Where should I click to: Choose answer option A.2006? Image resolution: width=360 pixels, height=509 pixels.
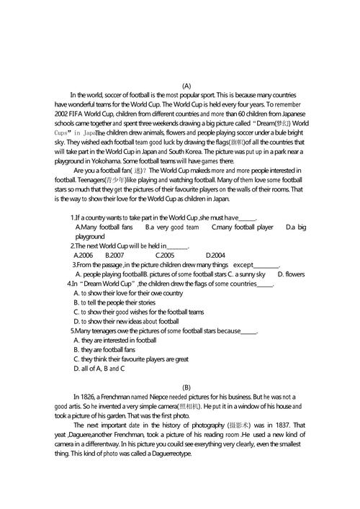point(84,255)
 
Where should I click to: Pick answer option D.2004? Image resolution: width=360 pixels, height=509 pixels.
point(216,255)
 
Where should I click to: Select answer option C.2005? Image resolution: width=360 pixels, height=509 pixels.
point(165,255)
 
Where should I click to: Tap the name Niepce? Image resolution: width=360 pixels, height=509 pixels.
point(161,396)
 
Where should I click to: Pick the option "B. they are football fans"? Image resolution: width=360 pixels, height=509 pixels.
point(109,349)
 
